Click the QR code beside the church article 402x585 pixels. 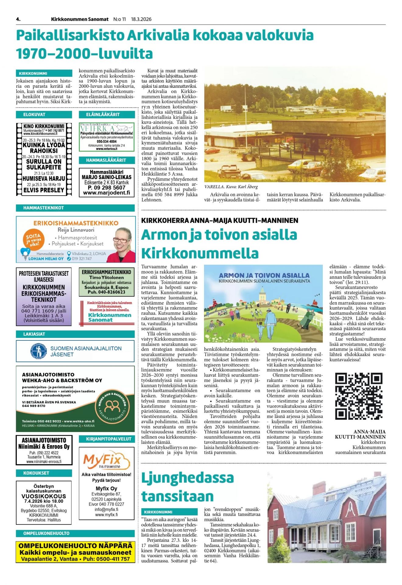pos(358,396)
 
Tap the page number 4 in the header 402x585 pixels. pos(18,19)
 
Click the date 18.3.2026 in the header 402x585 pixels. pos(141,19)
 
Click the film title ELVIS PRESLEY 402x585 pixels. pos(44,190)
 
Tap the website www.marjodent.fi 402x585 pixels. pos(106,193)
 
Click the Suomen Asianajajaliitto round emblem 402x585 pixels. pos(39,351)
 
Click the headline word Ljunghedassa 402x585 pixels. pos(187,478)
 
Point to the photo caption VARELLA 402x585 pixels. pos(214,187)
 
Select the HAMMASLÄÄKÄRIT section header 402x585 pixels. pos(106,160)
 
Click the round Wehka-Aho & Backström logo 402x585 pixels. pos(112,406)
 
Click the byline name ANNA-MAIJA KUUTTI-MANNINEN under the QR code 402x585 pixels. pos(360,434)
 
